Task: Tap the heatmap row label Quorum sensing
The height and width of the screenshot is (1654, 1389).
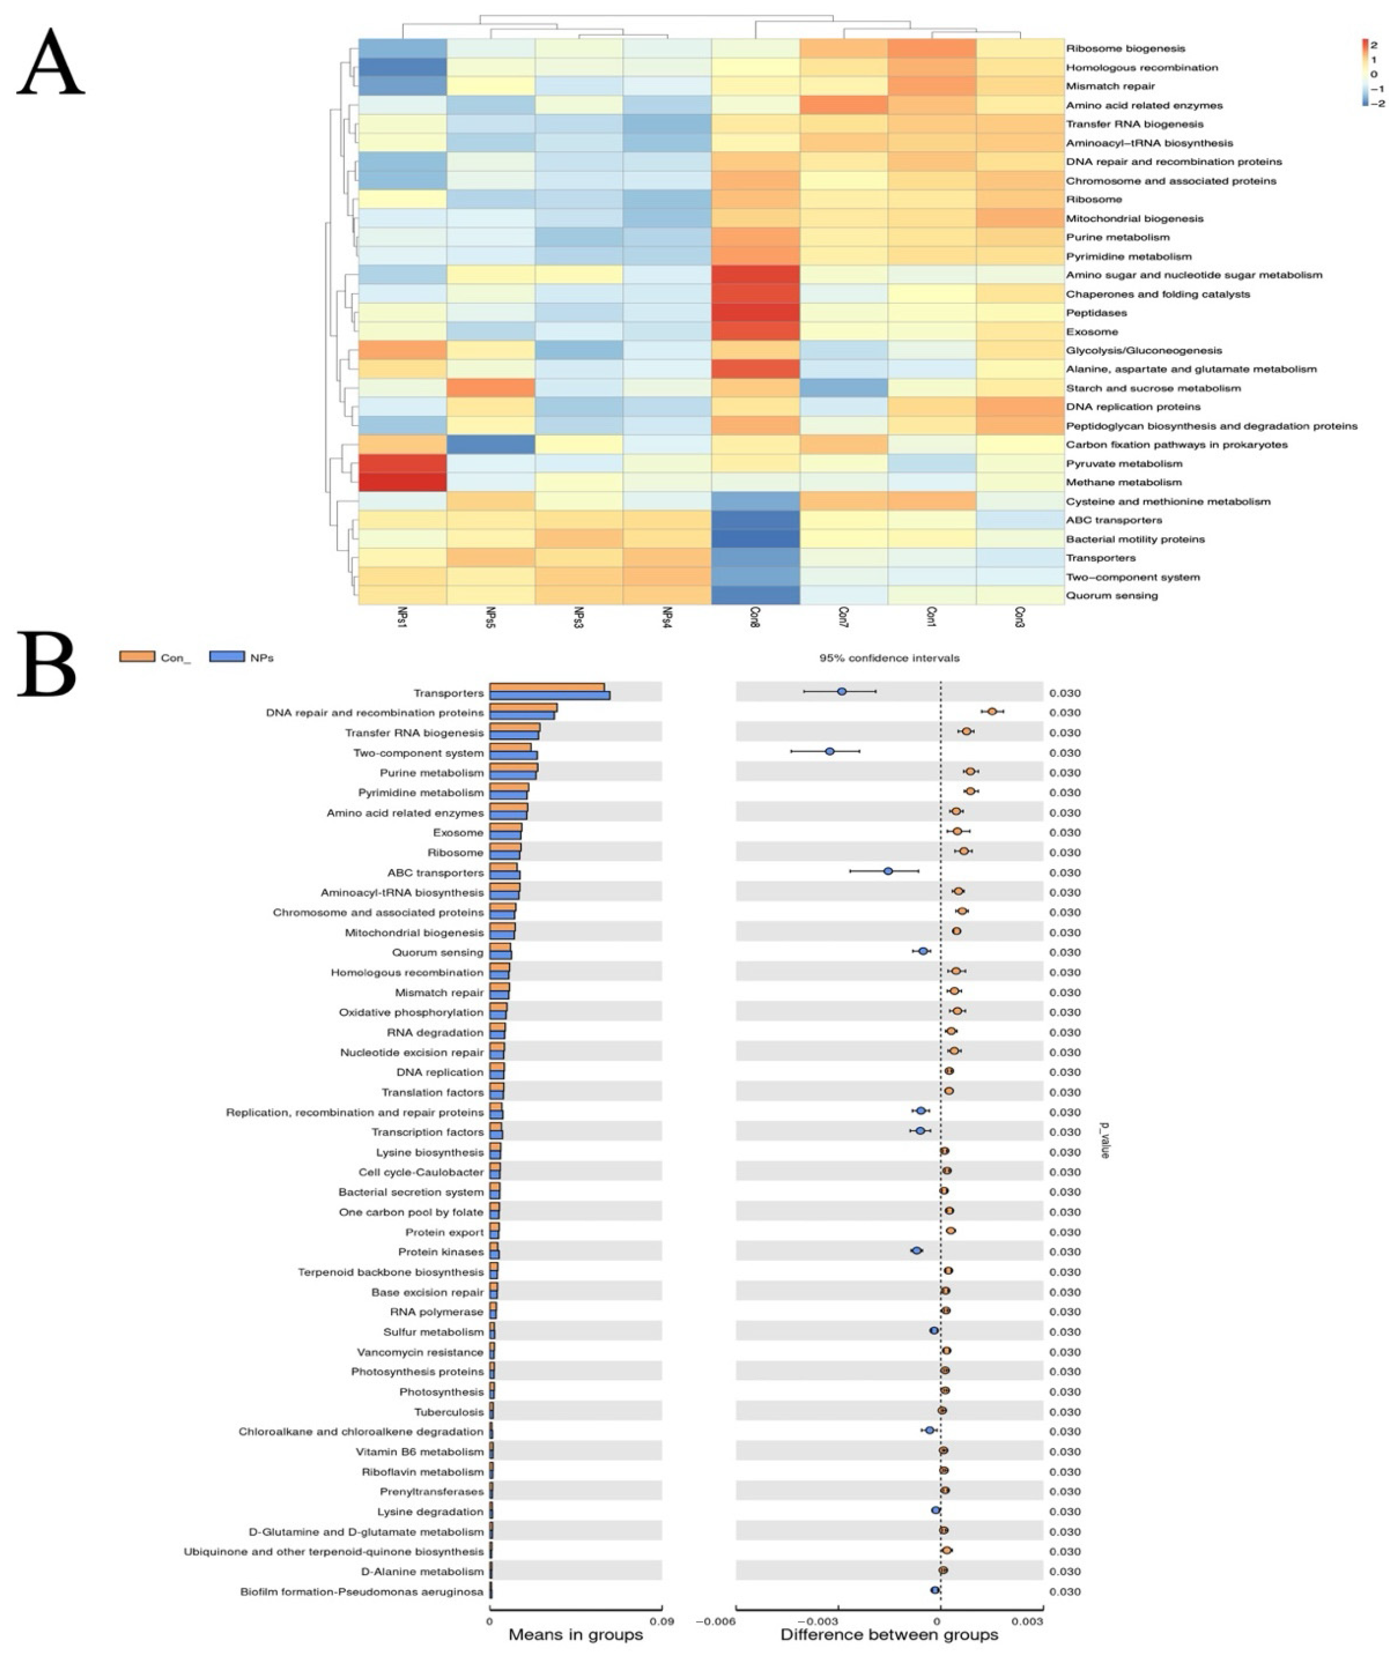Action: [x=1112, y=595]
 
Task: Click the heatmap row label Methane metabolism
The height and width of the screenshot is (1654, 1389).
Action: [x=1124, y=482]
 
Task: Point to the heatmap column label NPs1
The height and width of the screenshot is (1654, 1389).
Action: [x=403, y=619]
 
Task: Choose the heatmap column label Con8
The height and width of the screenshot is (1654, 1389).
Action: [x=756, y=619]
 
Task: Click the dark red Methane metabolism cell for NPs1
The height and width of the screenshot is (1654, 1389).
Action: [x=403, y=482]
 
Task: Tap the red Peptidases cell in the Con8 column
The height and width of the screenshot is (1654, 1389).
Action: [x=756, y=313]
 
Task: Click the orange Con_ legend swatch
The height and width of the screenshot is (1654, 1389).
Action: [x=137, y=657]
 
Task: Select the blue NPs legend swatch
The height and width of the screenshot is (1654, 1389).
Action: [x=227, y=657]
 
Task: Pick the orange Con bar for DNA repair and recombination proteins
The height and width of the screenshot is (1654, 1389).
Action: [x=523, y=708]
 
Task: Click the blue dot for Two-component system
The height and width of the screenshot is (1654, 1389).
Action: [x=830, y=751]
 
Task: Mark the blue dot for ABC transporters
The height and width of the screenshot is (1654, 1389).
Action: [x=888, y=871]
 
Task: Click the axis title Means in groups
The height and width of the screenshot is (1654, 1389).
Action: [x=575, y=1635]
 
